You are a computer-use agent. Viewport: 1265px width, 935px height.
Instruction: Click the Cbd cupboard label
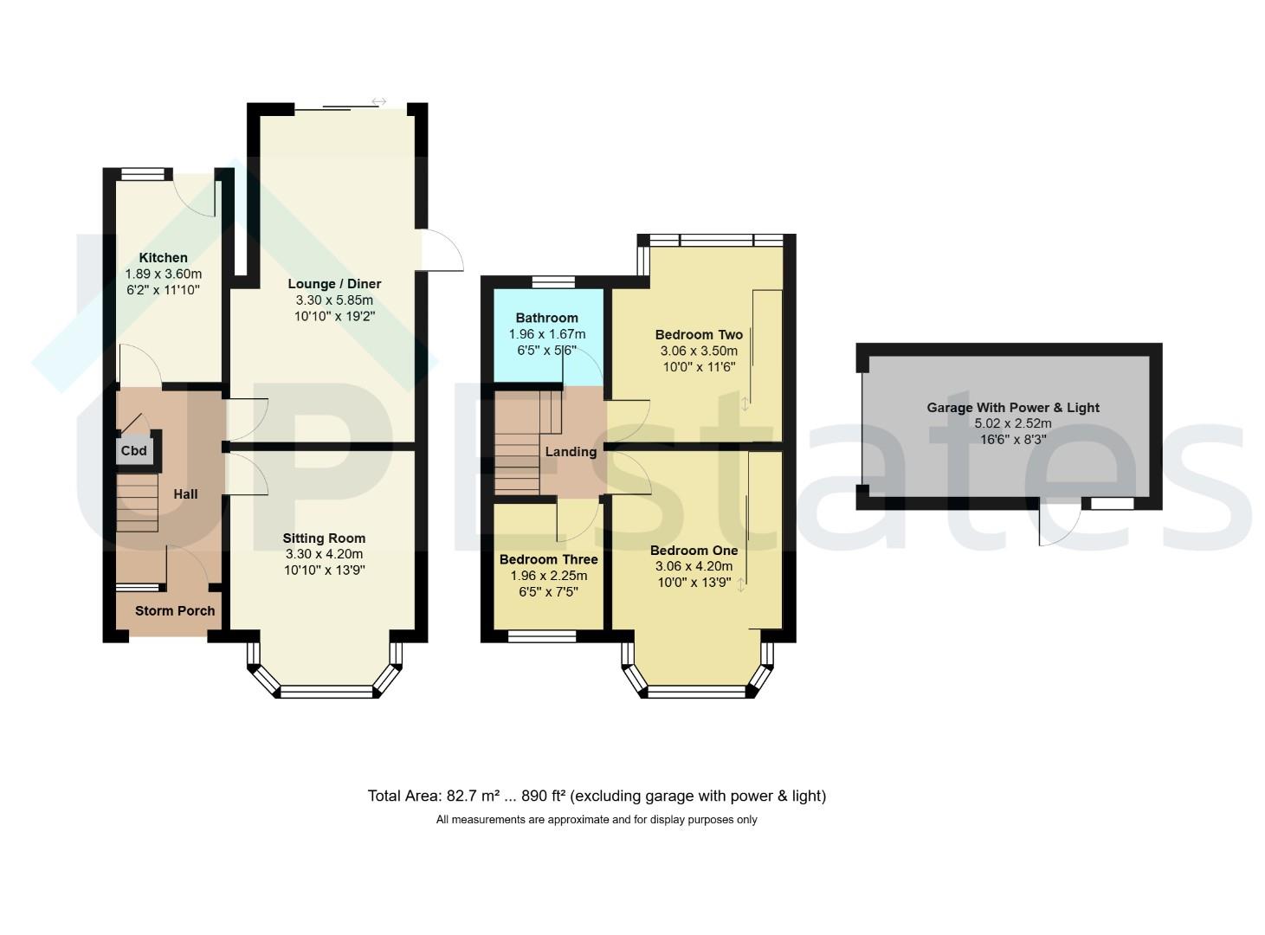[x=133, y=451]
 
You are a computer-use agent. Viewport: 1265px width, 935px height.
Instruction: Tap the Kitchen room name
[x=163, y=258]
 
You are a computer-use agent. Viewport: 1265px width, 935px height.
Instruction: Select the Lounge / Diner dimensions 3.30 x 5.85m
[x=334, y=300]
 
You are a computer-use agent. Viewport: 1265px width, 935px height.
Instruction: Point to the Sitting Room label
[x=324, y=538]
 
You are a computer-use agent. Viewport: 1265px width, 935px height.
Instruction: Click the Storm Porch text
[x=175, y=611]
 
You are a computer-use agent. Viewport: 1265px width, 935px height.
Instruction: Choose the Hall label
[x=185, y=494]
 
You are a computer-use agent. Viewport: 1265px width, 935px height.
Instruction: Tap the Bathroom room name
[x=547, y=318]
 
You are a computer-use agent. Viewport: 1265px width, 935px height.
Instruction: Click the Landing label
[x=571, y=452]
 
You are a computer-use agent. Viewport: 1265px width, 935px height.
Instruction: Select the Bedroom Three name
[x=549, y=559]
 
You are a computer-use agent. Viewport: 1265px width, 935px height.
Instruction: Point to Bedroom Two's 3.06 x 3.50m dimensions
[x=699, y=351]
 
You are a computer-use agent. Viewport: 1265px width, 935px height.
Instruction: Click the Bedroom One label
[x=694, y=551]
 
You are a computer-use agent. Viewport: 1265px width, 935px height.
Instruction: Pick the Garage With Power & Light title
[x=1013, y=408]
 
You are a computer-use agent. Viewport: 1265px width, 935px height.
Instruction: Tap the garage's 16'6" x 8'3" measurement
[x=1013, y=440]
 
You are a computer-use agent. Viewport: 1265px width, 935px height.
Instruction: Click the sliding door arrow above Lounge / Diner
[x=378, y=101]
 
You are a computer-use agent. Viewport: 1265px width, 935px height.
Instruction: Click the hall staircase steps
[x=138, y=503]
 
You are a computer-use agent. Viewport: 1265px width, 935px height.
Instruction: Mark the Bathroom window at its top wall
[x=554, y=282]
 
